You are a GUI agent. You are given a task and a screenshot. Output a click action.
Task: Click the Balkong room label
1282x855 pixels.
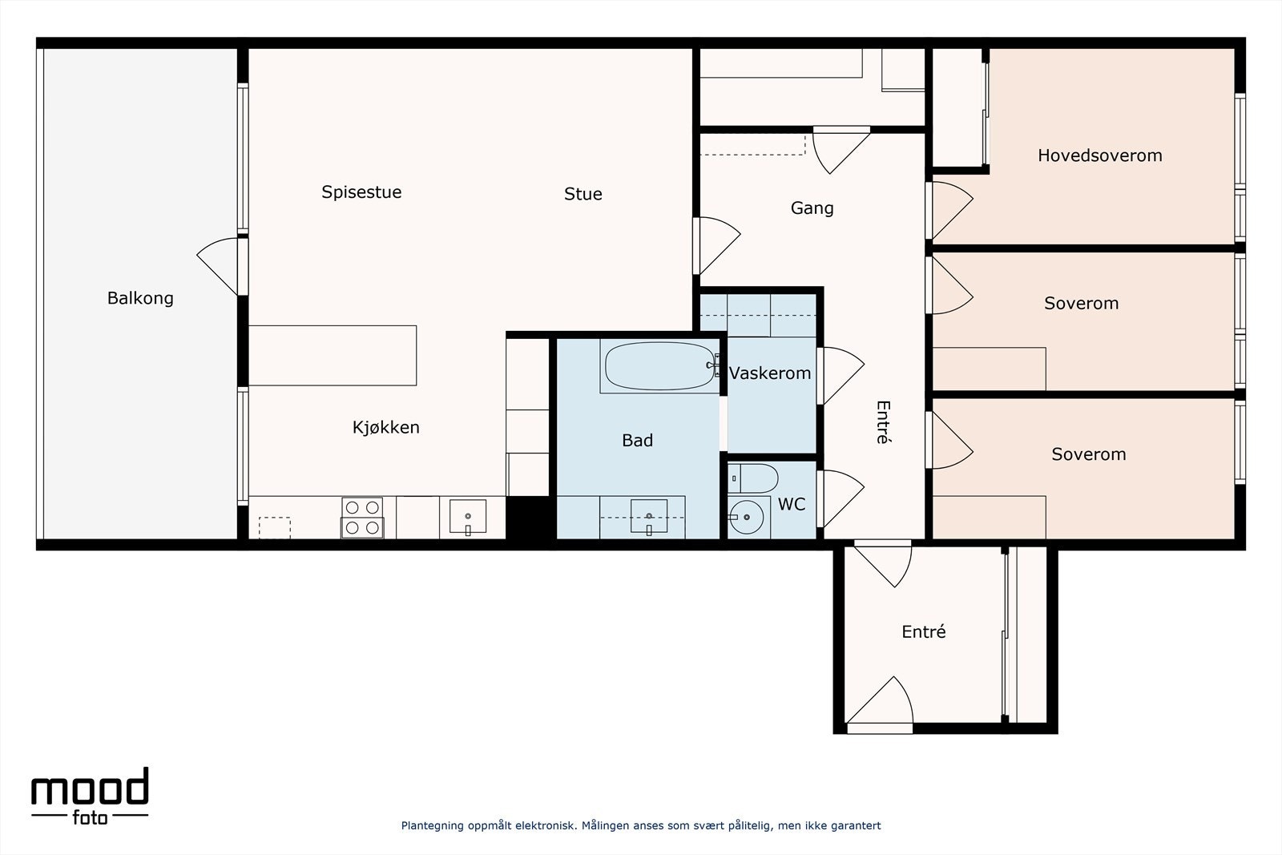(x=140, y=298)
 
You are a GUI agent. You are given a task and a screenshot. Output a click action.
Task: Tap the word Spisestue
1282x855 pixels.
(x=361, y=192)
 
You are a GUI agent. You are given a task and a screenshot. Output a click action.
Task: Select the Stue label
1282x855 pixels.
(x=583, y=194)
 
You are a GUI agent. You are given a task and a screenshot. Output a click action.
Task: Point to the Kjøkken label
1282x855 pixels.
(x=385, y=427)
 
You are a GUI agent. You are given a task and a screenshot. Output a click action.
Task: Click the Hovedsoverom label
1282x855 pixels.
(x=1099, y=155)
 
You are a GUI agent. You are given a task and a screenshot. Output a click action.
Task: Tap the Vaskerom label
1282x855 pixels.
(x=770, y=373)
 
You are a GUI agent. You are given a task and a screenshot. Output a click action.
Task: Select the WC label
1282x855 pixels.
(x=792, y=504)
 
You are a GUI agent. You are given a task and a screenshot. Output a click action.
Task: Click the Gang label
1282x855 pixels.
(x=812, y=208)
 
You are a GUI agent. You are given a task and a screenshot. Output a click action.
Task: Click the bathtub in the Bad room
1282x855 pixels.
(x=660, y=366)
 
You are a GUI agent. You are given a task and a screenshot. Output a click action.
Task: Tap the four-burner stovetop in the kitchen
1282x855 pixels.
(x=362, y=518)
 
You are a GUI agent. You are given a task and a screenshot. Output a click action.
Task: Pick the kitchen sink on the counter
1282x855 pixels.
(x=468, y=517)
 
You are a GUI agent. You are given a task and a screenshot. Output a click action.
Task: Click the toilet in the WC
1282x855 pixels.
(x=753, y=478)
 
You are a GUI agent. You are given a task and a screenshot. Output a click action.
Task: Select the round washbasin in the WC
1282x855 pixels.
(x=746, y=518)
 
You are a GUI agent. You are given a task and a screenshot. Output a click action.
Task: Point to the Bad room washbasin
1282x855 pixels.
(x=648, y=517)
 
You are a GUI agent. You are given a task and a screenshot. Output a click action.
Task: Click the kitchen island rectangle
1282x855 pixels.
(x=333, y=356)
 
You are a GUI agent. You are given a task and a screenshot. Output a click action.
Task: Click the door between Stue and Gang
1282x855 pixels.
(x=716, y=246)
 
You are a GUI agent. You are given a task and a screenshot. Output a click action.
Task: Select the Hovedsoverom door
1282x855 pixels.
(x=949, y=211)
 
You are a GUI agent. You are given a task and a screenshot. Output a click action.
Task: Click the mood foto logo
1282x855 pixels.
(x=90, y=796)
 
